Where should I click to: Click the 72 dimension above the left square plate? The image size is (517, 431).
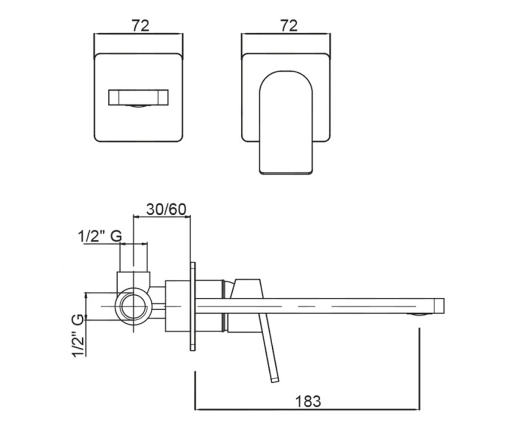coord(140,26)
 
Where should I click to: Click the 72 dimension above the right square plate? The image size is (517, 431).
coord(289,26)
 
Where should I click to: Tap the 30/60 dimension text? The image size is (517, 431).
coord(166,209)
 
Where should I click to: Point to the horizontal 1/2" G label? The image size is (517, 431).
coord(100,236)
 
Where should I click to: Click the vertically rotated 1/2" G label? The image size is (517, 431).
coord(77,336)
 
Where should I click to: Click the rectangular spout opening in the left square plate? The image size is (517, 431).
coord(138,97)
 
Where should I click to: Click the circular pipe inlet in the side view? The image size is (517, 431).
coord(134,306)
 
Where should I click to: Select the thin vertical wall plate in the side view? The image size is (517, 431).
coord(193,306)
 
